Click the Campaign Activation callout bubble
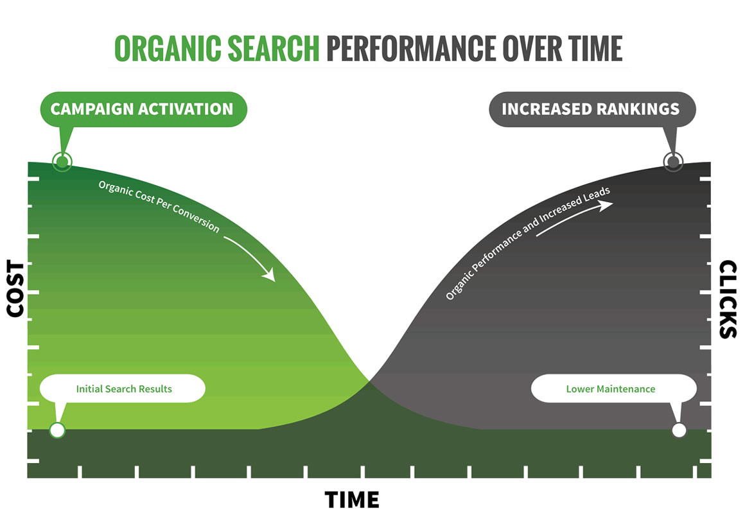[142, 109]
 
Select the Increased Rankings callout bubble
[590, 109]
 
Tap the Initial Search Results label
[123, 389]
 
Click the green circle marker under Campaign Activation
[61, 161]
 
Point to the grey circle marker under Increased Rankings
[672, 161]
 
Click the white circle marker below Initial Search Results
[57, 430]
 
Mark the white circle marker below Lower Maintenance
[678, 430]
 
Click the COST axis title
[15, 288]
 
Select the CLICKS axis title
[728, 299]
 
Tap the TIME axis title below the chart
[351, 499]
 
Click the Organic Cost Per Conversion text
[159, 206]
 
